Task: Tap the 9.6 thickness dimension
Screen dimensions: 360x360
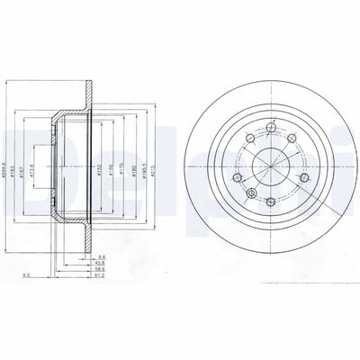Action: tap(102, 256)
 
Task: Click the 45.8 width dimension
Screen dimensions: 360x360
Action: tap(102, 263)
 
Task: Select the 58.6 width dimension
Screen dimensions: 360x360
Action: tap(102, 270)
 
